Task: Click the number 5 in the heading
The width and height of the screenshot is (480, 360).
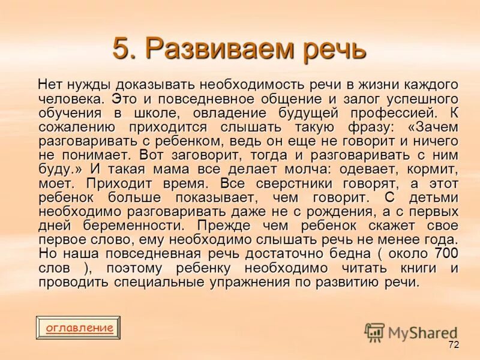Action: (121, 49)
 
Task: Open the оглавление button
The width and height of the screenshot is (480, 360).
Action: (79, 328)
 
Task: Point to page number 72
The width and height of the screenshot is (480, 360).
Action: (453, 345)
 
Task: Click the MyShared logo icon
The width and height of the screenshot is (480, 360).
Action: (374, 332)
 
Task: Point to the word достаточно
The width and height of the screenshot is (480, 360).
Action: (290, 253)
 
